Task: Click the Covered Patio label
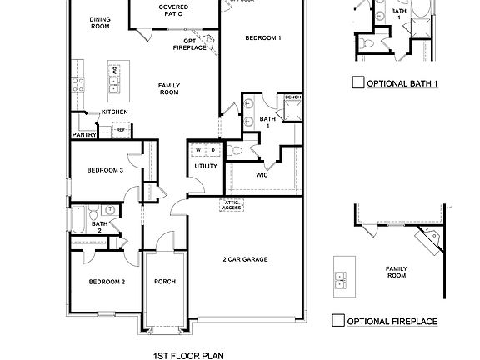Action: [172, 11]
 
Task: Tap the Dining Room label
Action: [100, 22]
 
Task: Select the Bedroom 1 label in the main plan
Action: [262, 38]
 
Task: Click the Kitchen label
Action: [114, 112]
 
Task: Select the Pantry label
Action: [85, 133]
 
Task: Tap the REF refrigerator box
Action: [120, 130]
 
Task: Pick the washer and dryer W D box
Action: [205, 150]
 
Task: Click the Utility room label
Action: [206, 166]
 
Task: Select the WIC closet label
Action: [261, 175]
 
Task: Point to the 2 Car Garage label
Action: [244, 259]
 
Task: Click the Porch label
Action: [165, 282]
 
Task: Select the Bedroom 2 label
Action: [107, 282]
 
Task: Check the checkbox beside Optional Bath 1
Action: [357, 82]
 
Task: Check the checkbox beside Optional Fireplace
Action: [337, 320]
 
